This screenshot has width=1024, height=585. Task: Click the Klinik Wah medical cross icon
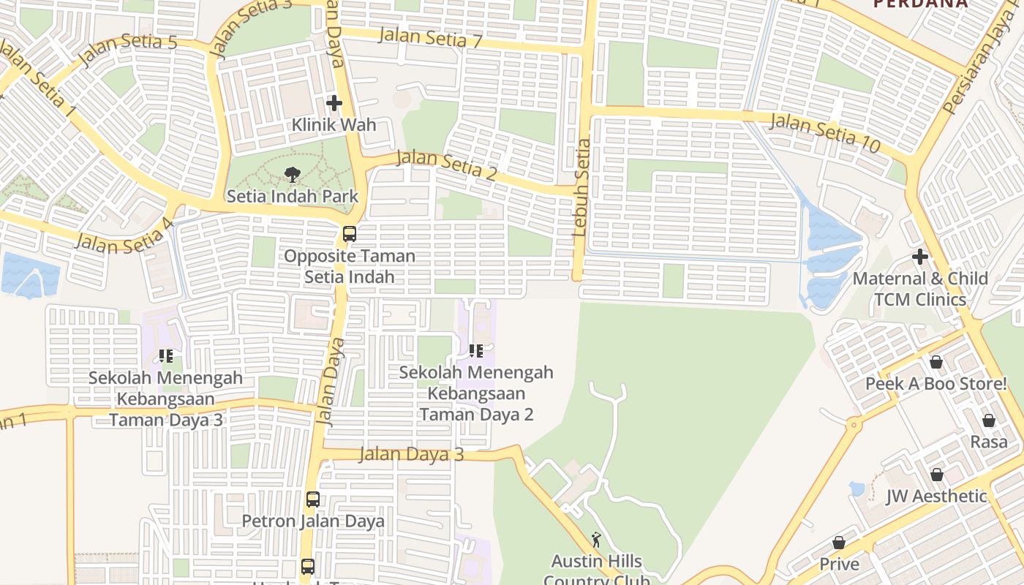(334, 103)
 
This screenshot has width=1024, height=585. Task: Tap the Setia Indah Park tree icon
(292, 174)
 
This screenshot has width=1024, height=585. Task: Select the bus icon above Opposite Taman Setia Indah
(350, 234)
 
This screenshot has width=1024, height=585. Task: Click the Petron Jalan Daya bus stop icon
(313, 499)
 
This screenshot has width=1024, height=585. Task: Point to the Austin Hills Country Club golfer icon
(596, 540)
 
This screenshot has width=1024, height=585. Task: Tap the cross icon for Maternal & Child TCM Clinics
(920, 257)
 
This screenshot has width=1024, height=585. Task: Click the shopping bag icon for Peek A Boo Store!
(935, 362)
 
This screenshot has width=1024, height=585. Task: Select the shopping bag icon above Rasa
(989, 420)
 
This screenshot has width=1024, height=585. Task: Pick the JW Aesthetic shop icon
(937, 475)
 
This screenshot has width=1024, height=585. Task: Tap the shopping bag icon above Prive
(839, 543)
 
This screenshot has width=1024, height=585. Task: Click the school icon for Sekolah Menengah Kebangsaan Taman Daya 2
(476, 351)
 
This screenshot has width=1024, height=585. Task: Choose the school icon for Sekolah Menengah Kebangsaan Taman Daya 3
(166, 356)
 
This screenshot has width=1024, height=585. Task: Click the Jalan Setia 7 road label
(431, 37)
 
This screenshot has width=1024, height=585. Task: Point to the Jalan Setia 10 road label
(825, 132)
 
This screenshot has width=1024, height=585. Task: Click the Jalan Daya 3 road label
(411, 454)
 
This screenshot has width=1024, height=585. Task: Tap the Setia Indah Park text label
(293, 196)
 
